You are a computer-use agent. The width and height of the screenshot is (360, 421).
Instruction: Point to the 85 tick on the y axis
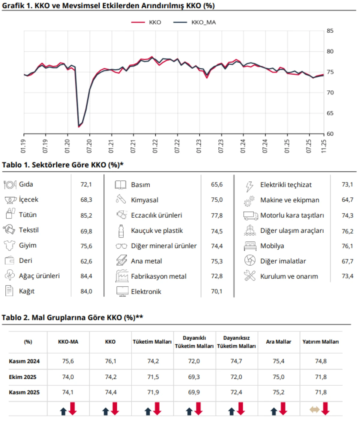pos(330,31)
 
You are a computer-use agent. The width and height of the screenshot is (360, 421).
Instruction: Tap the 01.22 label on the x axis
pos(155,146)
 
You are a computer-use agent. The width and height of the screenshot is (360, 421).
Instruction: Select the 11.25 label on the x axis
pos(323,146)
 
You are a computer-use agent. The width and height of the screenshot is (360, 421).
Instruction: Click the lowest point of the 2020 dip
pos(79,127)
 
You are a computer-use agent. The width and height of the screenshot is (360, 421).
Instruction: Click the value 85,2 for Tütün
pos(86,215)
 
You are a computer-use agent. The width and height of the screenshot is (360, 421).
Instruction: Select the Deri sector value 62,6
pos(86,261)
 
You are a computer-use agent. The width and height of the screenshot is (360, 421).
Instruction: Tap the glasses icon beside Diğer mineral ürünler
pos(121,246)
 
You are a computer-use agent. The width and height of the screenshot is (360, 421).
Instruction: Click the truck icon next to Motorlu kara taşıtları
pos(250,215)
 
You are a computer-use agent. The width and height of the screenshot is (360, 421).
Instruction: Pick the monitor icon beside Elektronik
pos(122,291)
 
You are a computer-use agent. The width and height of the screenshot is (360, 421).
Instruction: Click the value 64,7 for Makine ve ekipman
pos(347,200)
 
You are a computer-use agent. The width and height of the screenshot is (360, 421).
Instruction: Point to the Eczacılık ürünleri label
pos(156,215)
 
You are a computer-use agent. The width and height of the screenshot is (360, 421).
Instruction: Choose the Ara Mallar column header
pos(278,342)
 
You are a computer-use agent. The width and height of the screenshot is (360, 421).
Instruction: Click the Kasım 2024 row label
pos(24,361)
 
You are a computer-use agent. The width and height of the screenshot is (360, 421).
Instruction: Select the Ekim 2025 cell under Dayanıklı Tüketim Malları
pos(194,377)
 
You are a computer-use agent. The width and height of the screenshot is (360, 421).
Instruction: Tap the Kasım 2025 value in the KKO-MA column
pos(68,392)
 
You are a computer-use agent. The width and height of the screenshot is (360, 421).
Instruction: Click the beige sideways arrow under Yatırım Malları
pos(314,410)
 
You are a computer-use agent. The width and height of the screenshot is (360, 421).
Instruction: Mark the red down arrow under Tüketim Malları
pos(157,409)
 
